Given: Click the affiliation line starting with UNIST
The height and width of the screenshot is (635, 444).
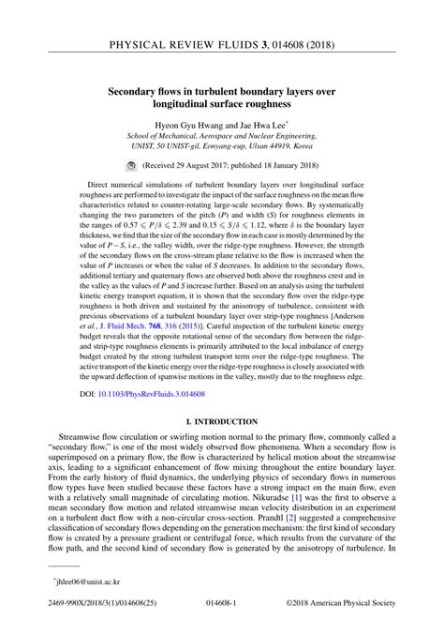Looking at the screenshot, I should [221, 144].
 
